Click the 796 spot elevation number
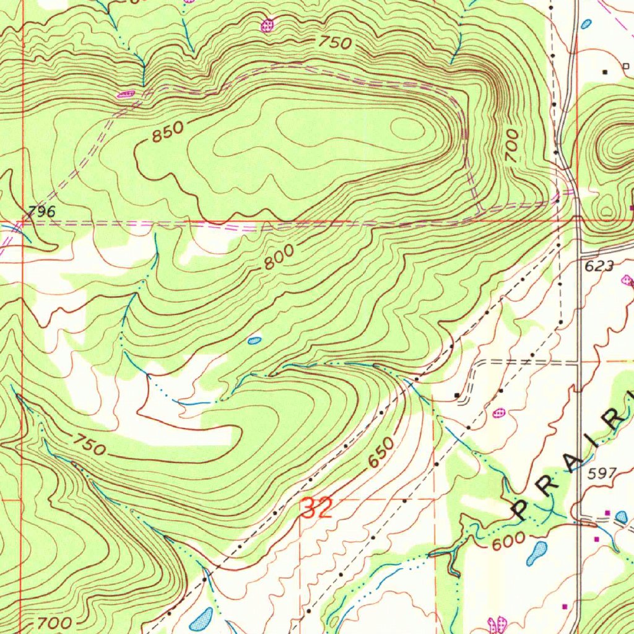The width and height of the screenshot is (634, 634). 41,211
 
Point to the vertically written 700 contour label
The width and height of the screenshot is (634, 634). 511,146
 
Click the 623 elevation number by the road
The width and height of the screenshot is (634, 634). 599,266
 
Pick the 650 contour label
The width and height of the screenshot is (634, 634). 380,454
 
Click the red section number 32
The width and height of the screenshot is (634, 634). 317,509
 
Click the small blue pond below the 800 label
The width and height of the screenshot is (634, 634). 254,340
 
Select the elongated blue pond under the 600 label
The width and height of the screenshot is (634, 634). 537,552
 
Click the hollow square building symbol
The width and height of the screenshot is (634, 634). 625,66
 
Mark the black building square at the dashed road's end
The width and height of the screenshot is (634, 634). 457,394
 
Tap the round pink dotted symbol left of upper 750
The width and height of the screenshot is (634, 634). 267,25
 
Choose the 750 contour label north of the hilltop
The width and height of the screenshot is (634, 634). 336,43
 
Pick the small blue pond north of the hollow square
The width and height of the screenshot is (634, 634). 586,24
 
